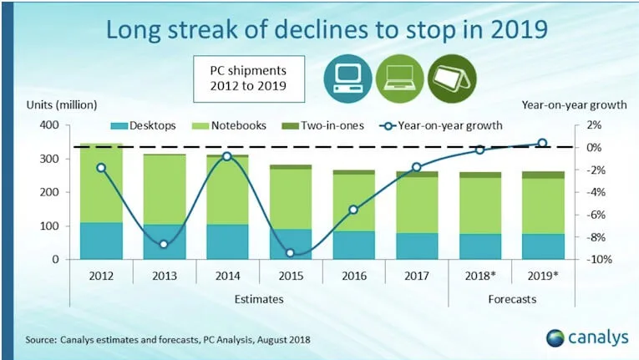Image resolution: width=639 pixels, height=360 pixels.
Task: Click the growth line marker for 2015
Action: coord(291,253)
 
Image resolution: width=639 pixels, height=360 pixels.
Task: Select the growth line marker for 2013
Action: coord(164,245)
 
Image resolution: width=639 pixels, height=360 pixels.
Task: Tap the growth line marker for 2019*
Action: coord(542,144)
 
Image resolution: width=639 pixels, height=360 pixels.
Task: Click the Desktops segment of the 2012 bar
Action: coord(101,241)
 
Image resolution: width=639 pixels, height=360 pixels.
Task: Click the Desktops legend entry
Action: coord(145,126)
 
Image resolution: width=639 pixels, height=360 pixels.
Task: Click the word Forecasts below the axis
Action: coord(511,298)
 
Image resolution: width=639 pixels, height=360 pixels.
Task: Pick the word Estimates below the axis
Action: coord(259,298)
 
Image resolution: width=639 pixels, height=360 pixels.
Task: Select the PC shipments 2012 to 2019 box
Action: coord(249,77)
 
